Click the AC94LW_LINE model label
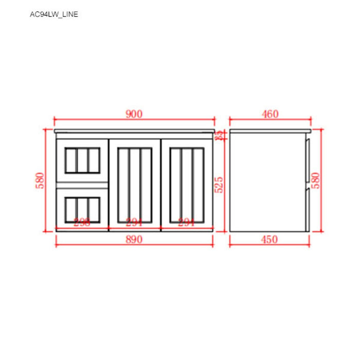point(54,14)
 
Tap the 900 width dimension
point(134,114)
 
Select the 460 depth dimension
point(269,114)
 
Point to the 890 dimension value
point(134,239)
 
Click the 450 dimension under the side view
point(269,239)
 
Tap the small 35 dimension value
point(219,135)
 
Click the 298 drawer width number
point(82,222)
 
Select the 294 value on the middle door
point(134,222)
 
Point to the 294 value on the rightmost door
point(186,222)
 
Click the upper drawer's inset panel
point(82,160)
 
